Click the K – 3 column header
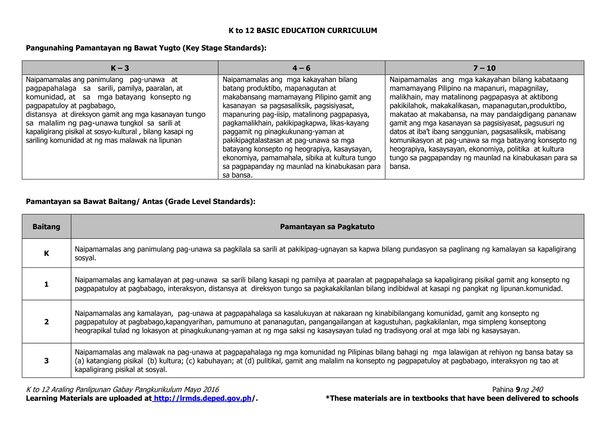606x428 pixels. pyautogui.click(x=120, y=68)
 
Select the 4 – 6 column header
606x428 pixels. pyautogui.click(x=301, y=68)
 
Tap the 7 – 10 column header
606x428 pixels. pyautogui.click(x=484, y=68)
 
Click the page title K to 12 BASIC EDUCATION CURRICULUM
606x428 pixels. pyautogui.click(x=303, y=30)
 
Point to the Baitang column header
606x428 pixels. pyautogui.click(x=46, y=227)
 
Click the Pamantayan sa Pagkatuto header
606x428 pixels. pyautogui.click(x=327, y=227)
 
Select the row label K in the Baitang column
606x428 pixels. pyautogui.click(x=46, y=253)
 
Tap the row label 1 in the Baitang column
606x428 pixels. pyautogui.click(x=46, y=284)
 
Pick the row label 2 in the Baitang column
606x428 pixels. pyautogui.click(x=46, y=322)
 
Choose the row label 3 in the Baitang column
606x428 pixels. pyautogui.click(x=46, y=361)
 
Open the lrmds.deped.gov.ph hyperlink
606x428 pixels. pyautogui.click(x=203, y=398)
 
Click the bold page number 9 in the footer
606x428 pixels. pyautogui.click(x=518, y=390)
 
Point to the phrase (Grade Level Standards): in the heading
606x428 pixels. pyautogui.click(x=210, y=202)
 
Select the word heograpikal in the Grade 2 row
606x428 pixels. pyautogui.click(x=93, y=330)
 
